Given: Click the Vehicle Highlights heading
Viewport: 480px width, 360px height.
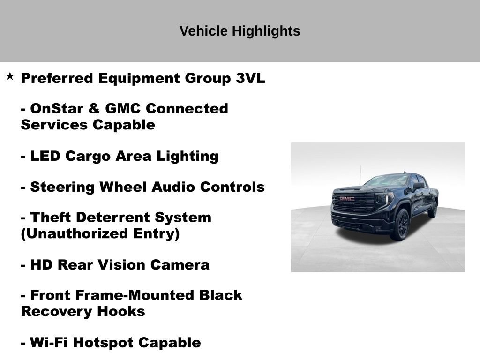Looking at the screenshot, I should tap(240, 31).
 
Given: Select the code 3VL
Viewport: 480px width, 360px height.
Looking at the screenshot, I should tap(250, 78).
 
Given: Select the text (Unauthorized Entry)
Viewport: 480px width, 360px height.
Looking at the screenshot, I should tap(100, 233).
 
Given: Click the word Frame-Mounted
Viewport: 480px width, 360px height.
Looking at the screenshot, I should tap(144, 295).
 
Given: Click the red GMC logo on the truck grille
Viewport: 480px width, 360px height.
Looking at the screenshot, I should tap(347, 199).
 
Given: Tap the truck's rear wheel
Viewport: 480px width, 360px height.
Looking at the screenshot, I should tap(433, 209).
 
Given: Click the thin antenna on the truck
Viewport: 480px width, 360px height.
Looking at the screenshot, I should tap(360, 174).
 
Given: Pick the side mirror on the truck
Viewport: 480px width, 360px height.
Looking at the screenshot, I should tap(417, 186).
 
